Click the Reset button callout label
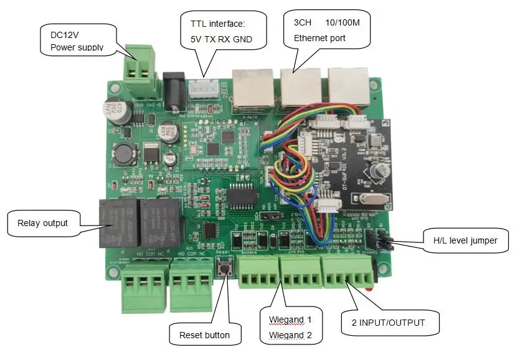(x=204, y=335)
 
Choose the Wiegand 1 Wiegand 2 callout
(x=290, y=327)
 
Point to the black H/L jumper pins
(x=378, y=239)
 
